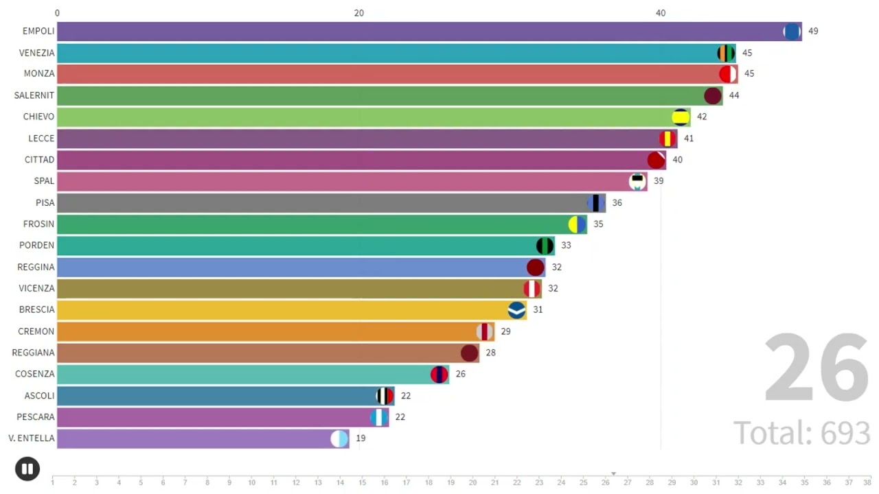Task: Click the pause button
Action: [x=27, y=469]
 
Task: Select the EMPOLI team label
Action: [x=38, y=32]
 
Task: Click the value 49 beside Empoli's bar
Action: [x=813, y=32]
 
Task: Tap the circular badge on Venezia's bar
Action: [x=726, y=53]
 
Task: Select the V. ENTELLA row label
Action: [x=32, y=438]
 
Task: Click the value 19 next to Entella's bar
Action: [x=361, y=438]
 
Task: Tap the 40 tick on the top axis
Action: [x=661, y=13]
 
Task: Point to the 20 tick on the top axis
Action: [x=358, y=13]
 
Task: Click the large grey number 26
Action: [x=817, y=368]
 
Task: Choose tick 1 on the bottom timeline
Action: [x=53, y=482]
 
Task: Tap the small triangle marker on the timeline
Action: [x=613, y=473]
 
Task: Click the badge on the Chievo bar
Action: [x=681, y=117]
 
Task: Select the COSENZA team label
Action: [x=34, y=374]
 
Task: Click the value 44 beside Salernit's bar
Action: [x=734, y=95]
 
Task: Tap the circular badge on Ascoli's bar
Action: [x=385, y=396]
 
